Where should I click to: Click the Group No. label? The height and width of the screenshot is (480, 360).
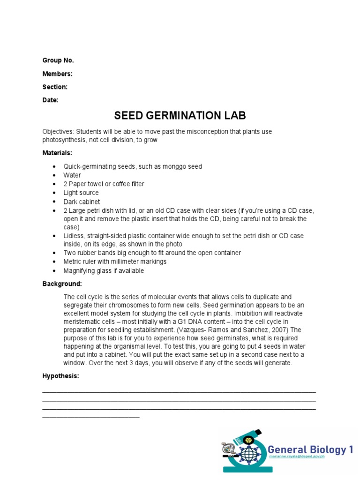(x=58, y=60)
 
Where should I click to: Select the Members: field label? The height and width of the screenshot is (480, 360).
(x=57, y=74)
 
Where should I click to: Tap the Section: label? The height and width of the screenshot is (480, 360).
(x=55, y=87)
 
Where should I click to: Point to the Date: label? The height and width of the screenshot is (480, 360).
(x=50, y=100)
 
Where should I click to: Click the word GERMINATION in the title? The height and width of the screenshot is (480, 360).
(x=180, y=116)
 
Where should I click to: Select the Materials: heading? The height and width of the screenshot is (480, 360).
(x=57, y=153)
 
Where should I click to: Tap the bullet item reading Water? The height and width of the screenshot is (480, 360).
(x=72, y=175)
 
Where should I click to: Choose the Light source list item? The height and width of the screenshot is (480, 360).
(x=81, y=193)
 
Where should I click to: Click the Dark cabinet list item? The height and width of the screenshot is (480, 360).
(x=82, y=202)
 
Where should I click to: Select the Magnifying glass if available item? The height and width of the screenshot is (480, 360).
(x=104, y=270)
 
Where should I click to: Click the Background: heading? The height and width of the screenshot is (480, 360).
(x=62, y=284)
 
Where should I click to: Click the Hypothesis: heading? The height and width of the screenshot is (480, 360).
(x=60, y=376)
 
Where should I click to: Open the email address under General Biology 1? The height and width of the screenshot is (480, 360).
(x=296, y=457)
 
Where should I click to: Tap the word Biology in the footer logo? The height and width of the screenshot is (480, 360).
(x=328, y=450)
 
